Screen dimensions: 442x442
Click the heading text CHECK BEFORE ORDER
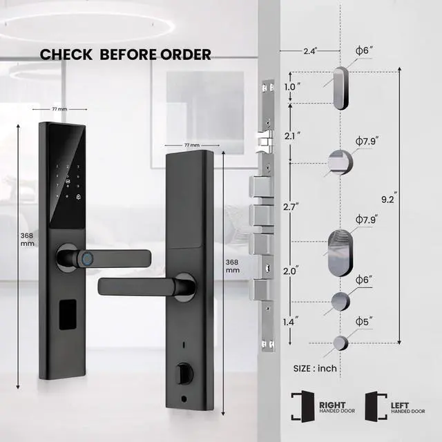pyautogui.click(x=125, y=55)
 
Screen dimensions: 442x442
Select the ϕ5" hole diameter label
pyautogui.click(x=364, y=323)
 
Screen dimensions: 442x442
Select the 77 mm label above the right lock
pyautogui.click(x=191, y=146)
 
